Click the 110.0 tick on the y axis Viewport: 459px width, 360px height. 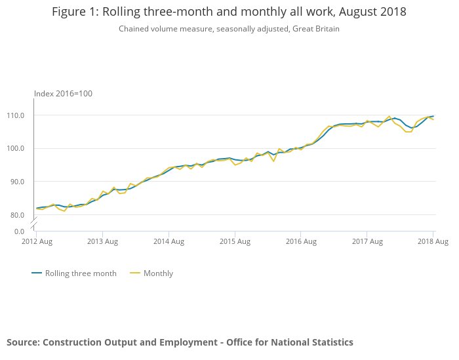pos(16,115)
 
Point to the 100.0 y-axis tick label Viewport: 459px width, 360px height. pos(16,148)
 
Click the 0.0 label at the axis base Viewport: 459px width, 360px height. pos(19,231)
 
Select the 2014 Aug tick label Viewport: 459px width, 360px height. pos(169,241)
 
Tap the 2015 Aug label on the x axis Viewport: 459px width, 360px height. pos(235,241)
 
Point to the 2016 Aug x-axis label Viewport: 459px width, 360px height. pos(301,241)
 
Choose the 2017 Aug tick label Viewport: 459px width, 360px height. pos(367,241)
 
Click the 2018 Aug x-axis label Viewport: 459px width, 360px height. pos(433,241)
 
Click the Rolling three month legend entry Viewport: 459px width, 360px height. pos(80,273)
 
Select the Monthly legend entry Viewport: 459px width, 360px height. pos(158,273)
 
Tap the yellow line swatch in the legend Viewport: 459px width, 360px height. pos(134,273)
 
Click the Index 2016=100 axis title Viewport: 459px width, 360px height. pos(63,94)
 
